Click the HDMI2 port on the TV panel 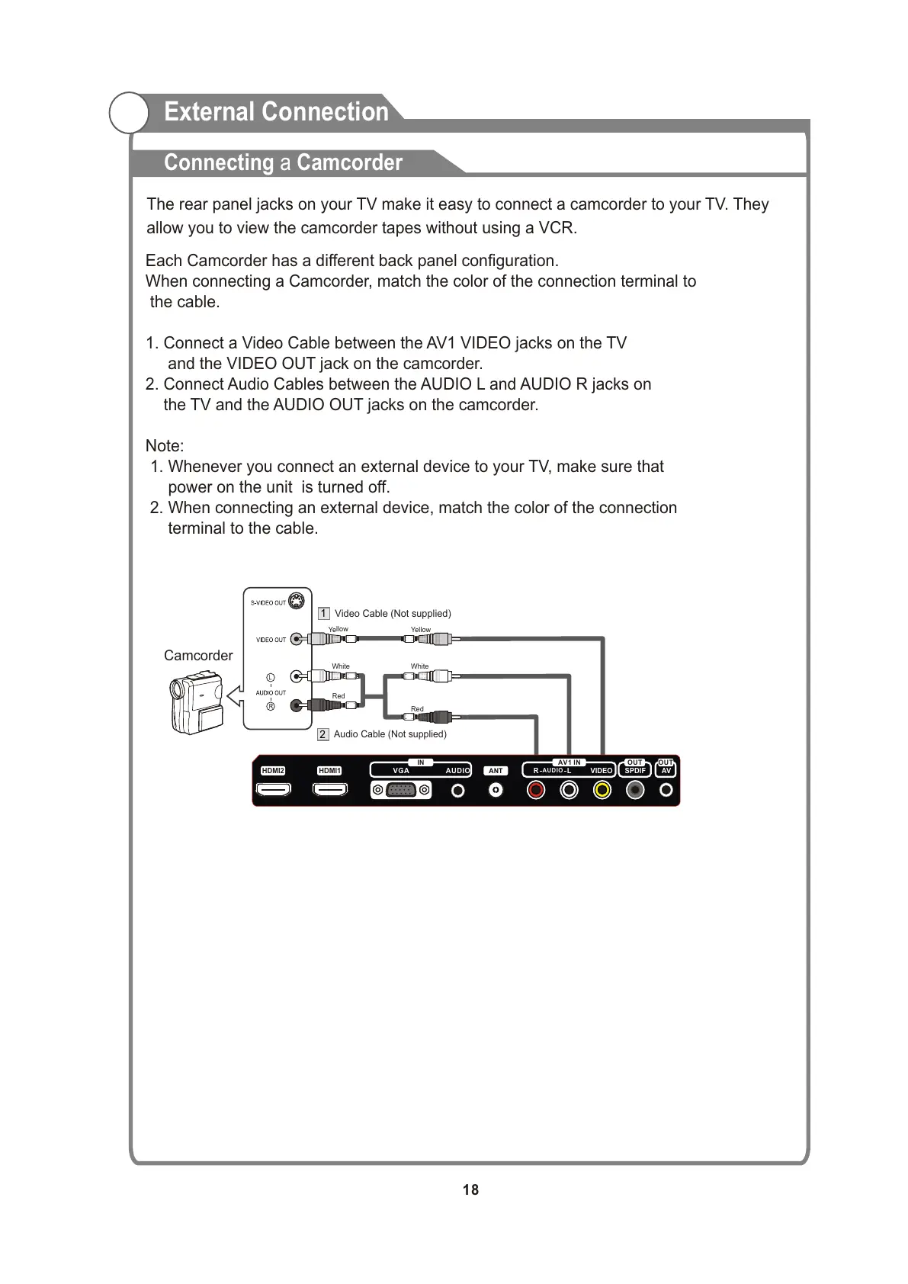[273, 791]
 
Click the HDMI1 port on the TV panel [330, 791]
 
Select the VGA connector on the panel [401, 791]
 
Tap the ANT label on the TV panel [496, 771]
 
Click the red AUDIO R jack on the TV [537, 790]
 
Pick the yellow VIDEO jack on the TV [602, 790]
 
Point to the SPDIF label [635, 771]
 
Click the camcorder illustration [195, 701]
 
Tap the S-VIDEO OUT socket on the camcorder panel [297, 602]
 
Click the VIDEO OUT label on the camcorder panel [271, 640]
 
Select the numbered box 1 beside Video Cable [323, 614]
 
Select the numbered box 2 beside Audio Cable [323, 734]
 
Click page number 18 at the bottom [470, 1189]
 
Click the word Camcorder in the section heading [349, 162]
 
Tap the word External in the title [210, 112]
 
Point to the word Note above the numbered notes [163, 446]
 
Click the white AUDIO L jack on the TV [570, 790]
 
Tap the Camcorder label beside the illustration [198, 656]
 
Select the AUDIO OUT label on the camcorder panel [271, 693]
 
